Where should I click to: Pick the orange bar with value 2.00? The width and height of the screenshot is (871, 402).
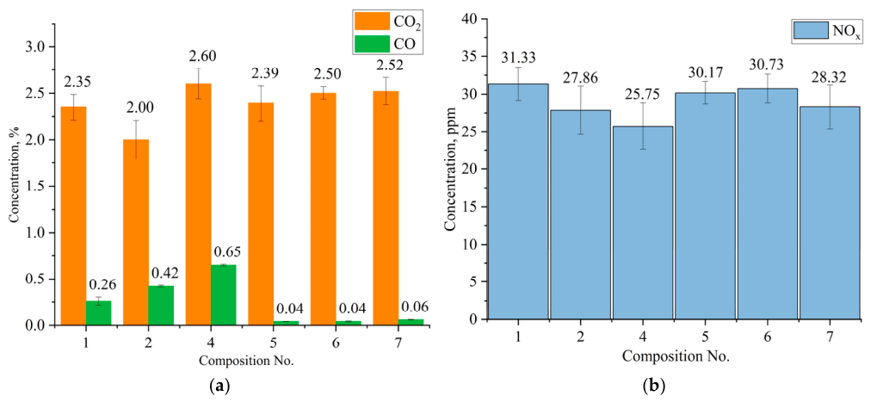[x=135, y=232]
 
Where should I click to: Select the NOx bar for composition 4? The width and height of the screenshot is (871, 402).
[x=642, y=223]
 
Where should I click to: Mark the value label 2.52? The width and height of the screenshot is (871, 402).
[x=386, y=66]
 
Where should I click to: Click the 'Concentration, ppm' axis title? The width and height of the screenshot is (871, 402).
[x=448, y=173]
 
